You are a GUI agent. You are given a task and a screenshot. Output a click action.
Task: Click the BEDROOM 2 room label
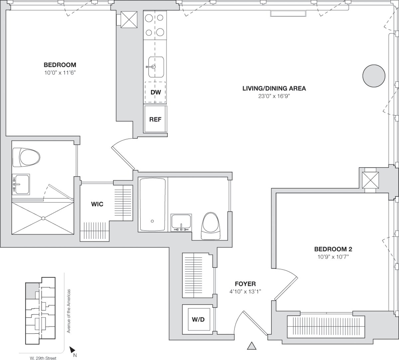333,249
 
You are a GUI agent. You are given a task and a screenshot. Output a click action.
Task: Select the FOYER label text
245,284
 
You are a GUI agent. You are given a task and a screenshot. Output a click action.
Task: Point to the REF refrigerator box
155,119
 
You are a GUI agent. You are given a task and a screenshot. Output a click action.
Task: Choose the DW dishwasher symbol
155,92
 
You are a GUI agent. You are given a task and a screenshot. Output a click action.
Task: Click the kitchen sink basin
156,67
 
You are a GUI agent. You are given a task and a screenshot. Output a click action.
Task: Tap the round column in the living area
373,75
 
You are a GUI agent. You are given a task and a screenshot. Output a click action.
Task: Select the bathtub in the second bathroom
153,205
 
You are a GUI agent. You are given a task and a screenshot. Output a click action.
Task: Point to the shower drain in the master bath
43,219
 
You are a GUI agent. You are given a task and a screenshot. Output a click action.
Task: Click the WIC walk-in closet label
97,204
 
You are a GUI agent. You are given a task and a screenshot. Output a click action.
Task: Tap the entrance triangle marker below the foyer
252,346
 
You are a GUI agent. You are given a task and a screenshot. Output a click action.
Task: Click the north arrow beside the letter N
72,350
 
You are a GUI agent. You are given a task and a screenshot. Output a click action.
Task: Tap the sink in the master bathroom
21,184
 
